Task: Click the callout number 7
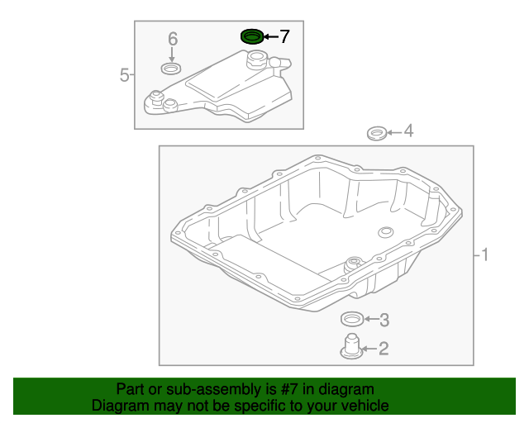click(x=284, y=36)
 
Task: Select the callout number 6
click(x=173, y=39)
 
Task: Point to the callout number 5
click(x=124, y=74)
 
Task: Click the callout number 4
click(x=408, y=131)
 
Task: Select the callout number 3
click(x=384, y=320)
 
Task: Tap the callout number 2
click(x=384, y=349)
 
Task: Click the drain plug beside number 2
click(x=351, y=347)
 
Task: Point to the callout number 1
click(x=485, y=254)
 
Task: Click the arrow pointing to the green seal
click(x=271, y=36)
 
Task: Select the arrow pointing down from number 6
click(x=172, y=55)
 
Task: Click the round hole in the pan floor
click(x=386, y=232)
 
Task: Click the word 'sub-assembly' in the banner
click(x=215, y=390)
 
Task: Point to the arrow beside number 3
click(x=371, y=319)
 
